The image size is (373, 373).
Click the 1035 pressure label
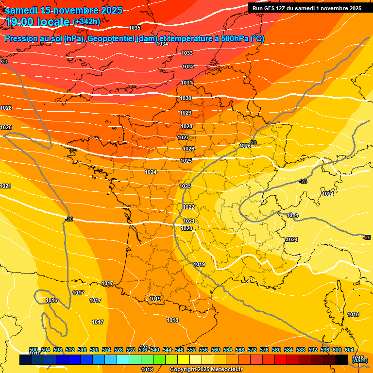[135, 28]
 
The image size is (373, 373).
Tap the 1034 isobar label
[162, 44]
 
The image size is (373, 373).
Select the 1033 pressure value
[187, 53]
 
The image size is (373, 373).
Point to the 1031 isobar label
[186, 83]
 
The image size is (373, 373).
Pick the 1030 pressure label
[186, 98]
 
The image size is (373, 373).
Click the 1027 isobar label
[183, 137]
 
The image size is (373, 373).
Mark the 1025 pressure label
[186, 161]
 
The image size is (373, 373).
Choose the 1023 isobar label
[185, 186]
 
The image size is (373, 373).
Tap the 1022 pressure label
[189, 207]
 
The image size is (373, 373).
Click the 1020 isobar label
[186, 228]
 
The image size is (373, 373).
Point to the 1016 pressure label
[51, 300]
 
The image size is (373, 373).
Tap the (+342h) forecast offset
[86, 22]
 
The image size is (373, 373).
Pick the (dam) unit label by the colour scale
[359, 360]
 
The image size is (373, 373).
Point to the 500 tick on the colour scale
[34, 350]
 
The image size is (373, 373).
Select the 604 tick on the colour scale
[349, 350]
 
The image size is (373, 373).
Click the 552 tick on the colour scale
[191, 350]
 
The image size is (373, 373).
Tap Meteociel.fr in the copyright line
[224, 370]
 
